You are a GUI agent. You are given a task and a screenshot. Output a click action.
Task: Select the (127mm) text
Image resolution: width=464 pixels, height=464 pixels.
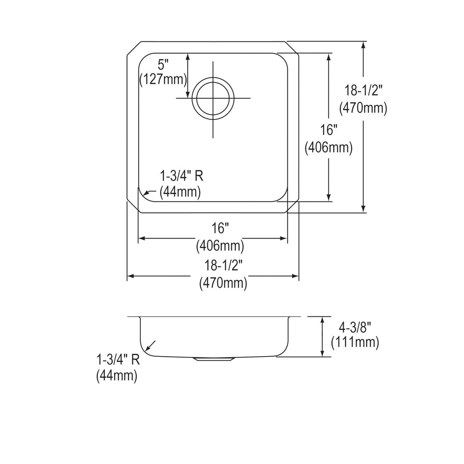tap(163, 79)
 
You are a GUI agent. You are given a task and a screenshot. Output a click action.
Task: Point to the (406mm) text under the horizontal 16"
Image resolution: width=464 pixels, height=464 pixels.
tap(220, 245)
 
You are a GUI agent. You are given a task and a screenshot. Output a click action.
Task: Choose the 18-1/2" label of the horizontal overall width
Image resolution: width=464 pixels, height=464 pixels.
tap(223, 266)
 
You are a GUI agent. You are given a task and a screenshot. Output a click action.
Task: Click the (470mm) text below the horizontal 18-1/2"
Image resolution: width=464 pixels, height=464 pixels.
tap(223, 283)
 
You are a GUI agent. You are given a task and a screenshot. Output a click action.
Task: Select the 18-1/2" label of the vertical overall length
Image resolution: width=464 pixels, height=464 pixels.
tap(363, 91)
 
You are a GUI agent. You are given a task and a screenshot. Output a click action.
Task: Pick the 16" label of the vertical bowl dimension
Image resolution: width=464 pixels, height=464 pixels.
tap(329, 130)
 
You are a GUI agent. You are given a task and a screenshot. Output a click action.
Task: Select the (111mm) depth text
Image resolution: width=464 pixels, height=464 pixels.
tap(355, 342)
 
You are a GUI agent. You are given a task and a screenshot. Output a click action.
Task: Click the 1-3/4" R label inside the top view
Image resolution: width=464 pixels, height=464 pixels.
tap(182, 176)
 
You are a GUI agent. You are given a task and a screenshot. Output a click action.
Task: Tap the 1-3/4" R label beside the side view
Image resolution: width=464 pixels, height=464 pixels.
tap(118, 360)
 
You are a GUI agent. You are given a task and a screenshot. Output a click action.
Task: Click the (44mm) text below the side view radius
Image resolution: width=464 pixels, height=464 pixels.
tap(117, 375)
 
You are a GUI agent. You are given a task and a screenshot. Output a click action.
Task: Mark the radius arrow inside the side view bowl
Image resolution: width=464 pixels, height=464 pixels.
tap(150, 346)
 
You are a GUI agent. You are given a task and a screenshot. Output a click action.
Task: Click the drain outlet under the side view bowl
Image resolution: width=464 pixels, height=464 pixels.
tap(213, 359)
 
